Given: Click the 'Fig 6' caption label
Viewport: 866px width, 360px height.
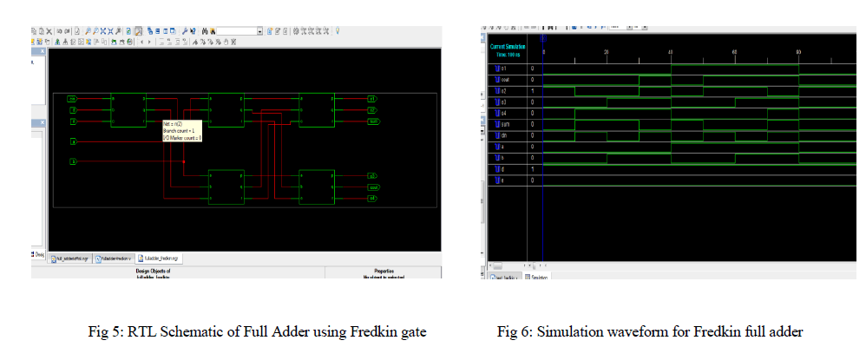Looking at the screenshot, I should [512, 331].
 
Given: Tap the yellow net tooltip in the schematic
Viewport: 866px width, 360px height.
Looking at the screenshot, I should [182, 131].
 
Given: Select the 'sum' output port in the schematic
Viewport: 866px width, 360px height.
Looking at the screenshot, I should [372, 121].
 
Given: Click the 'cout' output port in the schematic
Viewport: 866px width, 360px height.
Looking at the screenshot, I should [373, 187].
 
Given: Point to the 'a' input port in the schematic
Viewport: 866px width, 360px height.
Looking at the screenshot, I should [74, 141].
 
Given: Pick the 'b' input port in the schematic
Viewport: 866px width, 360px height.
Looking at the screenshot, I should [74, 162].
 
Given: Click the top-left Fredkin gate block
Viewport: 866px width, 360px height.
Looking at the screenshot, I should [129, 110].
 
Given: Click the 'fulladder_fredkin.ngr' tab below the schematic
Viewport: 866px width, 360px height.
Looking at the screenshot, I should [162, 259].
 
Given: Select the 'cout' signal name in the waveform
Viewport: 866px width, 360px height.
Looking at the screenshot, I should [505, 79].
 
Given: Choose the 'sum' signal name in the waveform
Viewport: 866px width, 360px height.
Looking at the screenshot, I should [504, 124].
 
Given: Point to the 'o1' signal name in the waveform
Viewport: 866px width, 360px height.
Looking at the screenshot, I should [503, 68].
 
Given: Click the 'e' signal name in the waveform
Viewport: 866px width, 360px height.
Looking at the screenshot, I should [502, 180].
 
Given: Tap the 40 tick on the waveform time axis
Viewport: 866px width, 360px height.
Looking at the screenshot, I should [671, 52].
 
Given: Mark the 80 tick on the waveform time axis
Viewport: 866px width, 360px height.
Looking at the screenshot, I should [798, 52].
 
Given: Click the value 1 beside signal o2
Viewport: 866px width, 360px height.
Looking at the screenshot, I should [532, 90].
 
